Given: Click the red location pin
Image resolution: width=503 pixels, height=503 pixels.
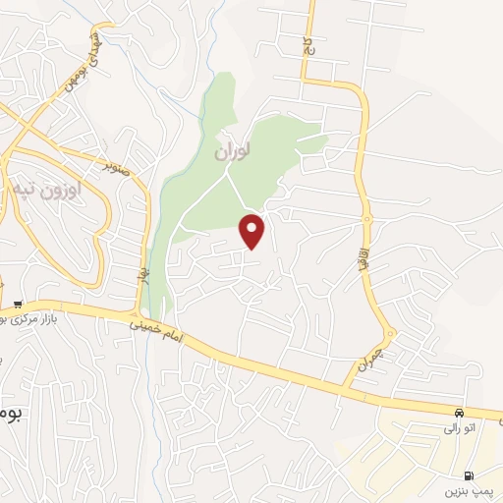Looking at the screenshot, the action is pos(252,230).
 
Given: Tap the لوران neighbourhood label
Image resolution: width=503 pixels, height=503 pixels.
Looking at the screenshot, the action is pos(231,152).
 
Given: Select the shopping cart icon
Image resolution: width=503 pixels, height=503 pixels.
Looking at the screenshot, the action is pos(18,305).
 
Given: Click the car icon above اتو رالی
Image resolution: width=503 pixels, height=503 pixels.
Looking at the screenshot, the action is pos(460,411).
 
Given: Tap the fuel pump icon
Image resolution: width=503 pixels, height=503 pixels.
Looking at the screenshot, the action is pos(480,473).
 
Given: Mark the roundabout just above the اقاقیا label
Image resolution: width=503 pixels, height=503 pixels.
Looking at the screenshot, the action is pos(366,218).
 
